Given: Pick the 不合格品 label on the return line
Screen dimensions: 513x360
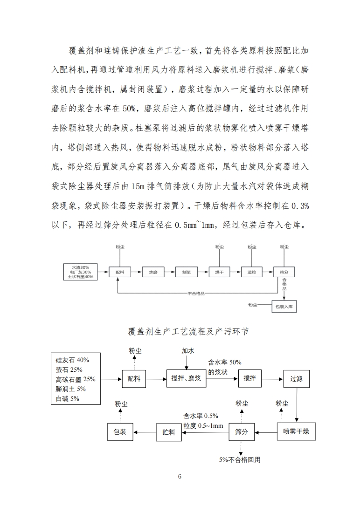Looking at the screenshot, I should click(x=196, y=294).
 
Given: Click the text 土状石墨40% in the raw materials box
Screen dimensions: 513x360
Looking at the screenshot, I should click(x=80, y=276).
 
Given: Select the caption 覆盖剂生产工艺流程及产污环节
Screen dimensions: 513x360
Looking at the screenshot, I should click(x=180, y=331).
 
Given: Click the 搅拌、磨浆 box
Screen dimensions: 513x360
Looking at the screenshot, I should click(x=186, y=379).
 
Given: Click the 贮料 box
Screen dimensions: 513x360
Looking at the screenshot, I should click(x=168, y=432).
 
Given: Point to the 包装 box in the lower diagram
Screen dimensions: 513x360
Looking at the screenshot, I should click(x=120, y=432).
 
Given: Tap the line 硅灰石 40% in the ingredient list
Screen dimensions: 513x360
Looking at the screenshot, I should click(x=72, y=360).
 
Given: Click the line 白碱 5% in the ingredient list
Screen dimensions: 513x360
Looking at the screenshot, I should click(x=68, y=398).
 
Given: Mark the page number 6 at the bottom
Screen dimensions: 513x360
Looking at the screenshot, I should click(x=180, y=476).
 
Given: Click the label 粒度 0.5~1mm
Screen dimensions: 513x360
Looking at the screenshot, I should click(x=203, y=425).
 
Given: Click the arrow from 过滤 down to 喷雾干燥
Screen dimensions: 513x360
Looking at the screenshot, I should click(x=297, y=405).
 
